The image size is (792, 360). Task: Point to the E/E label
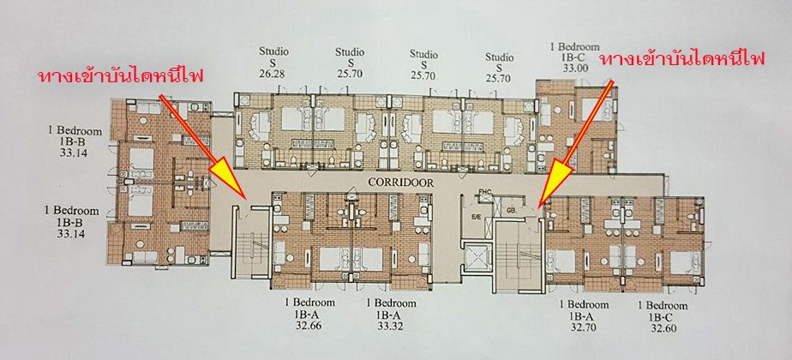(475, 218)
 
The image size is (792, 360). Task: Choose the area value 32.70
(584, 327)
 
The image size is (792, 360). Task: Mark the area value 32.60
(663, 327)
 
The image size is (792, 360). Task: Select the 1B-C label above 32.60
(663, 315)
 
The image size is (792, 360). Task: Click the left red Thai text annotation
(120, 76)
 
